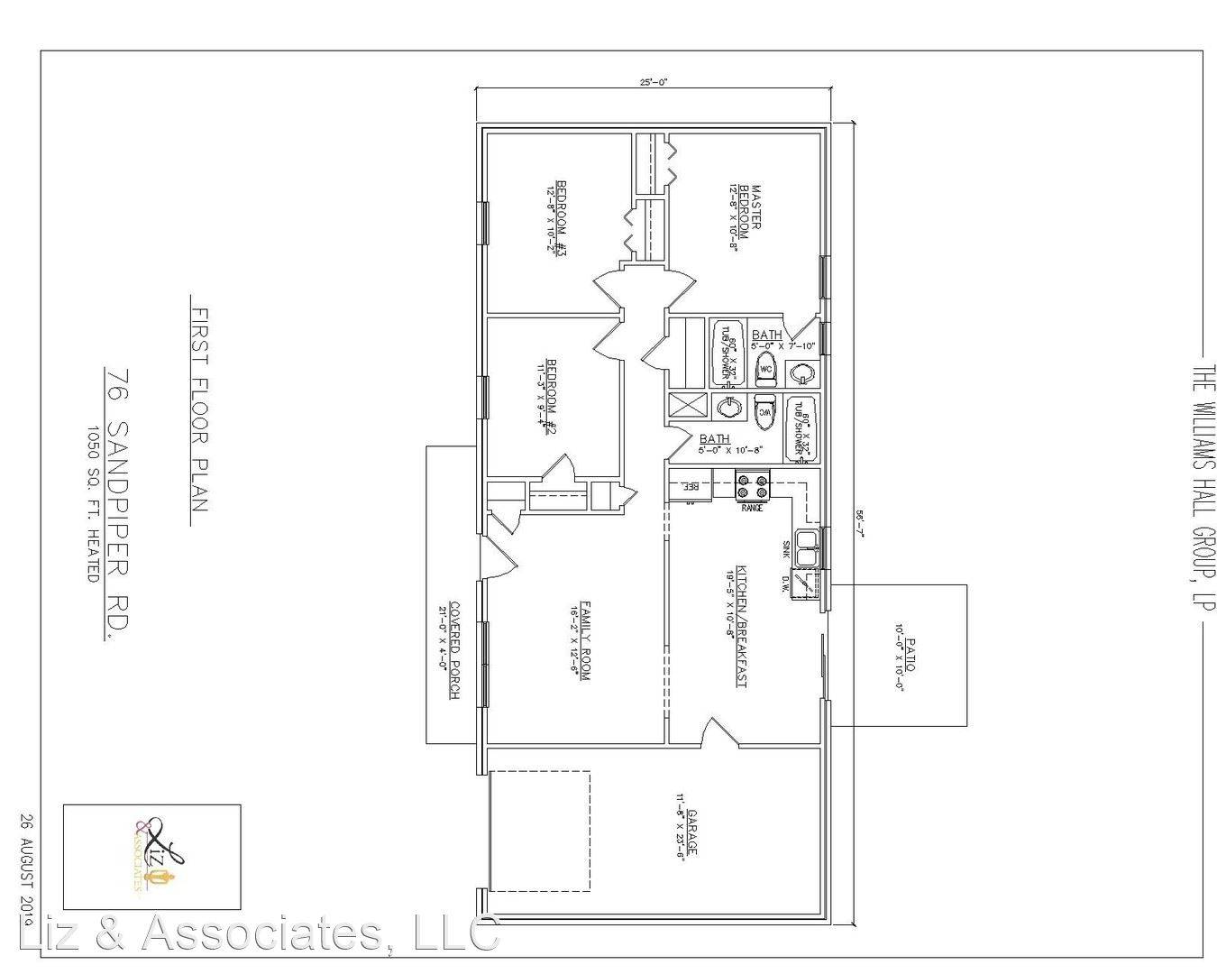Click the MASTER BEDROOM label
point(752,207)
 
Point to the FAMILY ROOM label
point(584,639)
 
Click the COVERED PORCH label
point(454,650)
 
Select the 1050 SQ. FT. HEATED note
point(93,503)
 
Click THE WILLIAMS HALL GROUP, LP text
point(1202,486)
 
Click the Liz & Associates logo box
point(151,856)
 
